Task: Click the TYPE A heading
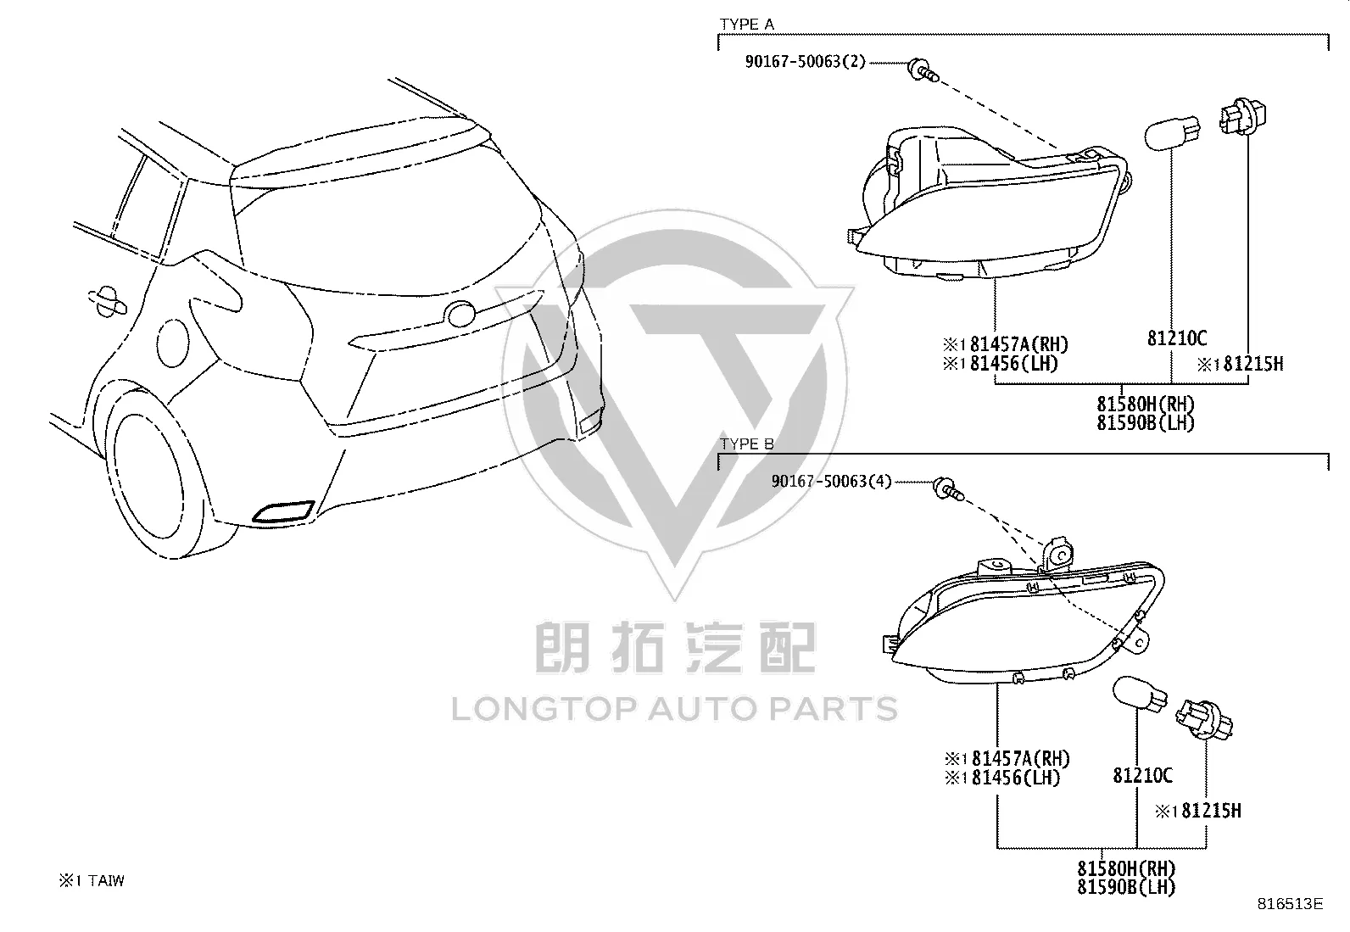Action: coord(747,24)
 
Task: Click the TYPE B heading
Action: coord(747,444)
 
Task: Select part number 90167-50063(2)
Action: coord(806,62)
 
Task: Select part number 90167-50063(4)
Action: coord(831,481)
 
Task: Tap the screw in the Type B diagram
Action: coord(949,489)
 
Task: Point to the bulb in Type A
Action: coord(1172,132)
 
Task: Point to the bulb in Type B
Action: coord(1140,693)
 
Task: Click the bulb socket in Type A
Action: coord(1242,115)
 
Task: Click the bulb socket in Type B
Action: coord(1203,718)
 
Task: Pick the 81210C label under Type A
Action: coord(1177,338)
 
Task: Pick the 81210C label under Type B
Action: coord(1143,774)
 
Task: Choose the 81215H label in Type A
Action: coord(1240,364)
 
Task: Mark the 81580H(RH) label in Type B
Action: coord(1126,868)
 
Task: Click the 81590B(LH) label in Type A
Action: coord(1145,422)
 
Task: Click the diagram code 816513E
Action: coord(1291,904)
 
